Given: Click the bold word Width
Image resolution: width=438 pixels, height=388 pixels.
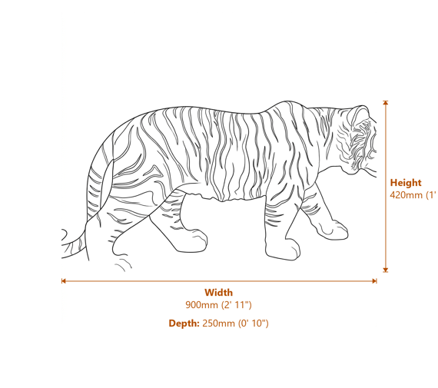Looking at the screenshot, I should click(x=218, y=292).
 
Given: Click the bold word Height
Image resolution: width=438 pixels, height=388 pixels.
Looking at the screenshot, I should click(x=405, y=183).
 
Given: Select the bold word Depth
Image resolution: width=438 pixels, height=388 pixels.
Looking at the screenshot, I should click(x=184, y=323).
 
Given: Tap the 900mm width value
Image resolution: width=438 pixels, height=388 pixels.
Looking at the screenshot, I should click(x=202, y=305).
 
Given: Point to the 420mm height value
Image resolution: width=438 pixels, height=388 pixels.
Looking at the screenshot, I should click(x=406, y=195).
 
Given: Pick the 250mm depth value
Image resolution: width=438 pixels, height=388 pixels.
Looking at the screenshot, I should click(x=219, y=323).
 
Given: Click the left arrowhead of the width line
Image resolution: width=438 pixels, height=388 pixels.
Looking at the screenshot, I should click(x=64, y=281).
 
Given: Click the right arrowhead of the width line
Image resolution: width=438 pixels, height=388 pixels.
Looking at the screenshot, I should click(x=374, y=281).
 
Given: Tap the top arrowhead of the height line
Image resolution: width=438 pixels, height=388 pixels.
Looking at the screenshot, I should click(x=386, y=103).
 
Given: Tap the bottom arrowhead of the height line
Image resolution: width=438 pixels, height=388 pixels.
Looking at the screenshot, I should click(x=386, y=269).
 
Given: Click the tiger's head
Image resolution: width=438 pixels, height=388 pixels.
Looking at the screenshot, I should click(x=357, y=138).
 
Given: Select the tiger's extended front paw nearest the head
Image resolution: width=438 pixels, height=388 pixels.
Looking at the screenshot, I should click(x=338, y=229).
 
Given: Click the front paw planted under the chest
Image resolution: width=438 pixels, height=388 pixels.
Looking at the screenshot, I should click(x=284, y=249).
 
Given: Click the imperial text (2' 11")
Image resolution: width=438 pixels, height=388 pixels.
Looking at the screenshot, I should click(x=237, y=305).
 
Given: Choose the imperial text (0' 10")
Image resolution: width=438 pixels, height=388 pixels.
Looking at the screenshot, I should click(x=254, y=323).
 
